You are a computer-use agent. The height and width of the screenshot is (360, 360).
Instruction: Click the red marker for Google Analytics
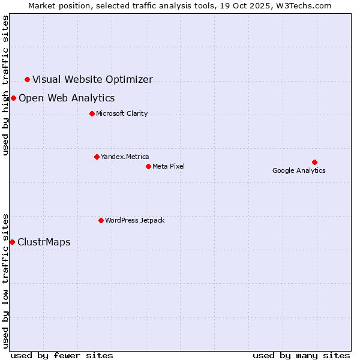point(314,162)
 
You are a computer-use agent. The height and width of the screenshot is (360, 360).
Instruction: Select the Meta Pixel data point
point(148,166)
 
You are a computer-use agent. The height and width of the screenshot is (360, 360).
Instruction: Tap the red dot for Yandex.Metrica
point(97,157)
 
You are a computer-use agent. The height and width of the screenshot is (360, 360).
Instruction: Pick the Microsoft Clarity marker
point(92,113)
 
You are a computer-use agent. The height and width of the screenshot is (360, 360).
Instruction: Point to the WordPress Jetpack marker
point(101,220)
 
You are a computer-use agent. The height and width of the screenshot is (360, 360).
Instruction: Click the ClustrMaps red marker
point(12,242)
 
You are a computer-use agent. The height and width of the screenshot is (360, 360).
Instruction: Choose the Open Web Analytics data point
point(13,98)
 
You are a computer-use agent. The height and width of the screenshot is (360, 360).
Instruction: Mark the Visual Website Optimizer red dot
point(27,79)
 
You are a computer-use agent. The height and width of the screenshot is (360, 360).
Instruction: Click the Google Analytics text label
point(299,170)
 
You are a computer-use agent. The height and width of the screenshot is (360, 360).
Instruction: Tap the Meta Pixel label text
point(169,166)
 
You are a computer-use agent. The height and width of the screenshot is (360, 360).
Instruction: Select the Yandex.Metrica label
point(125,157)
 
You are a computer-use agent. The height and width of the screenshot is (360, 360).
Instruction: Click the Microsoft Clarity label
point(122,113)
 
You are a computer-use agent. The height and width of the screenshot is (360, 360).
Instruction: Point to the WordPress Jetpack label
point(134,220)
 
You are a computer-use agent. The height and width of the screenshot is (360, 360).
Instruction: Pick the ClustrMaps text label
point(44,242)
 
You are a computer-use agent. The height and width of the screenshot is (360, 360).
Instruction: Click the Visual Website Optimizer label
point(92,79)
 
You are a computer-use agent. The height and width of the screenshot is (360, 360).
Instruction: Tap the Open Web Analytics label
point(67,98)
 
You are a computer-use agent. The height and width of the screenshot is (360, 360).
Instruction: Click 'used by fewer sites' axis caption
point(62,355)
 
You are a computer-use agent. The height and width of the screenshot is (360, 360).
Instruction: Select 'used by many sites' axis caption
point(301,355)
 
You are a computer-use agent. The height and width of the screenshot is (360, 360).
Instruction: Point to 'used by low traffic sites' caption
point(6,281)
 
